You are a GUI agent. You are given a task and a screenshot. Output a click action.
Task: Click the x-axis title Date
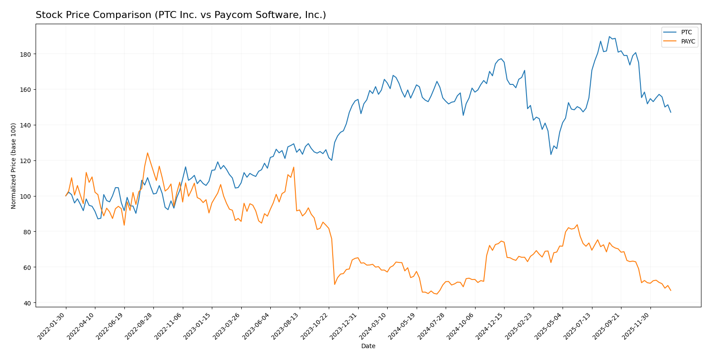point(368,346)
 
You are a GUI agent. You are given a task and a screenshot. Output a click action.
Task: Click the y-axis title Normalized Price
point(14,166)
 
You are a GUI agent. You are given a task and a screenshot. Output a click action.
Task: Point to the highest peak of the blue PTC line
point(609,37)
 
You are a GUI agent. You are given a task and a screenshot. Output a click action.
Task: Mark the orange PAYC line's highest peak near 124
point(147,153)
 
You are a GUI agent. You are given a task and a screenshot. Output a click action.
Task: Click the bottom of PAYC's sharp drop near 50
point(334,284)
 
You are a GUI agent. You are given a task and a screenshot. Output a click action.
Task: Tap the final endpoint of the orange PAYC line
point(671,291)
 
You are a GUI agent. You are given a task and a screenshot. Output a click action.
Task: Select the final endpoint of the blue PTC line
point(671,113)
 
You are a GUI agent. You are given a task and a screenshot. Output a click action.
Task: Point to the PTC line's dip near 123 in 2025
point(551,154)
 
